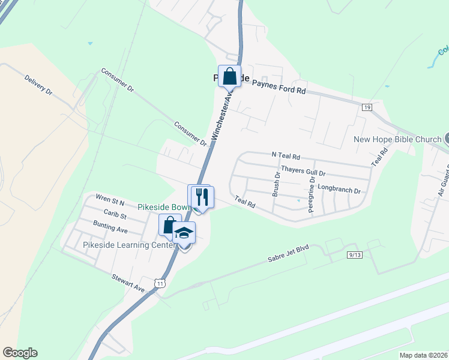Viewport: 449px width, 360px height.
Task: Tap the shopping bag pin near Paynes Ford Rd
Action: tap(229, 77)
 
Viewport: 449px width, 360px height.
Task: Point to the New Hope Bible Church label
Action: tap(397, 140)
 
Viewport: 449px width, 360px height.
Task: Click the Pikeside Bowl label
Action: tap(164, 206)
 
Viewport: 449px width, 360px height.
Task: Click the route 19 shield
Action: tap(367, 107)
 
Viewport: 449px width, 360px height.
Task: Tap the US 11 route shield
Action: tap(159, 282)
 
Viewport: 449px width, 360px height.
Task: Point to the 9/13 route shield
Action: tap(355, 255)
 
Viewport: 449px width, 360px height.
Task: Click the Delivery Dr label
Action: tap(39, 85)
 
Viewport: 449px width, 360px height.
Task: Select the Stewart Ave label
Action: tap(128, 283)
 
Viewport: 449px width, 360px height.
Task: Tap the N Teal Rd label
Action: tap(286, 155)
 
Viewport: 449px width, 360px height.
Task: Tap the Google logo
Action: tap(20, 352)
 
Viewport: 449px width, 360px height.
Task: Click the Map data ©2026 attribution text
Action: tap(423, 355)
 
